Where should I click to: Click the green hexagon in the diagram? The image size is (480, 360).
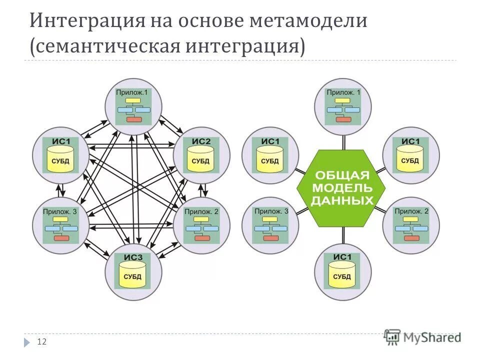pos(342,188)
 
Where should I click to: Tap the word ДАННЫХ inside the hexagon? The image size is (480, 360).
pos(342,200)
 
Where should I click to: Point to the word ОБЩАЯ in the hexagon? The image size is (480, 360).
pos(342,175)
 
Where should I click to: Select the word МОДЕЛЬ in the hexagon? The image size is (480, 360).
pos(342,188)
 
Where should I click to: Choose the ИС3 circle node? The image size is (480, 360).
pos(133,271)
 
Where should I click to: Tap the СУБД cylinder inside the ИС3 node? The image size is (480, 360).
pos(133,276)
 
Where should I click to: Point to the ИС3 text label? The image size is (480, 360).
pos(133,258)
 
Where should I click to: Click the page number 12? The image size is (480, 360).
pos(42,342)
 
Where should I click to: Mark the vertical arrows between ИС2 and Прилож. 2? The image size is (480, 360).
pos(204,189)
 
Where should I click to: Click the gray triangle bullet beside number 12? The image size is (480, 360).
pos(26,342)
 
